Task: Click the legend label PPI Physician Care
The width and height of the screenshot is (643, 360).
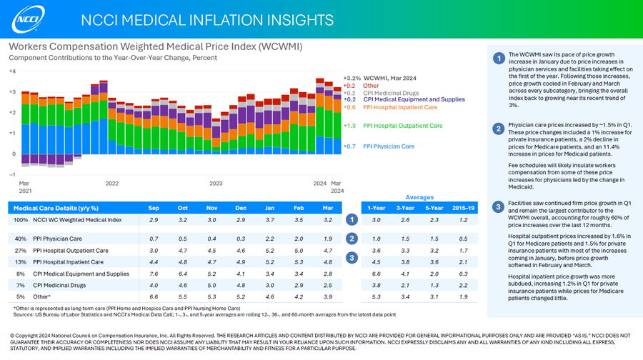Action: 388,146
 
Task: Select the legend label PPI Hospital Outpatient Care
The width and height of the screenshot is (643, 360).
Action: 402,126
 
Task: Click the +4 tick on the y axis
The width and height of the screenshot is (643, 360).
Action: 12,71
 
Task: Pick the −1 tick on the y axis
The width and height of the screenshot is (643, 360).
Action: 12,174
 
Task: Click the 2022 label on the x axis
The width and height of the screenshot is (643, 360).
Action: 111,184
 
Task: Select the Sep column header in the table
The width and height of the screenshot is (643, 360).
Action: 154,208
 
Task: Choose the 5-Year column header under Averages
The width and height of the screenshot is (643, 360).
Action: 434,208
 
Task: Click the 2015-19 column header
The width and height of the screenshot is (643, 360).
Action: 464,208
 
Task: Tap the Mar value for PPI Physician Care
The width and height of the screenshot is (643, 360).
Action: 328,239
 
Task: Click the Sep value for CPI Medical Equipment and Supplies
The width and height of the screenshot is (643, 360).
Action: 154,274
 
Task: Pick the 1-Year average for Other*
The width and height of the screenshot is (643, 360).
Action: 377,296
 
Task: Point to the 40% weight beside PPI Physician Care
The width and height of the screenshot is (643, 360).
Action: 21,239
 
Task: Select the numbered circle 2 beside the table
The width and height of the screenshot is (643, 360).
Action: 352,239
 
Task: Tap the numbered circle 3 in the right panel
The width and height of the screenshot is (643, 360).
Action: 499,207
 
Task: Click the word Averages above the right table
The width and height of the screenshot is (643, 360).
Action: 419,197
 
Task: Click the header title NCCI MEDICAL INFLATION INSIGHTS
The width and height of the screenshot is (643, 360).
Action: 206,19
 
